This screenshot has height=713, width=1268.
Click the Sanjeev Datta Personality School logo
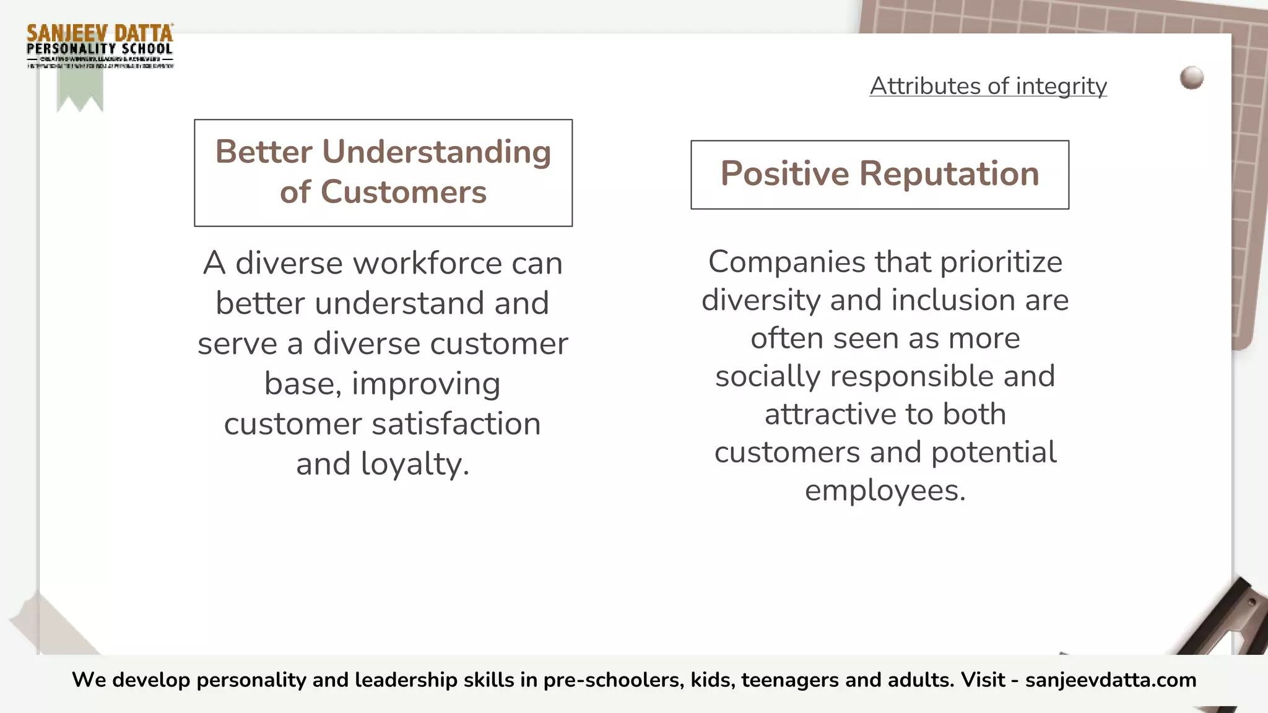[100, 46]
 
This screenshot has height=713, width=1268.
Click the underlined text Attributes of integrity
[988, 86]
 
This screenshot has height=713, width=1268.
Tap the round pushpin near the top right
[1191, 78]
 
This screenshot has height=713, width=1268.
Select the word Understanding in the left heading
[436, 152]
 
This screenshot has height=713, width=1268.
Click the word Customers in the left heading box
[404, 192]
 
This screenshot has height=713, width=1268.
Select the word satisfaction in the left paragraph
[456, 424]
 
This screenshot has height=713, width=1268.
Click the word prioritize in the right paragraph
[1001, 262]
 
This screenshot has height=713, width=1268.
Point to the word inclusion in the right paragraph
[953, 300]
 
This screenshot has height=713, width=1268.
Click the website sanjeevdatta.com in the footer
[1111, 680]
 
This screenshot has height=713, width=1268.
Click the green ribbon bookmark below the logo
[80, 90]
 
